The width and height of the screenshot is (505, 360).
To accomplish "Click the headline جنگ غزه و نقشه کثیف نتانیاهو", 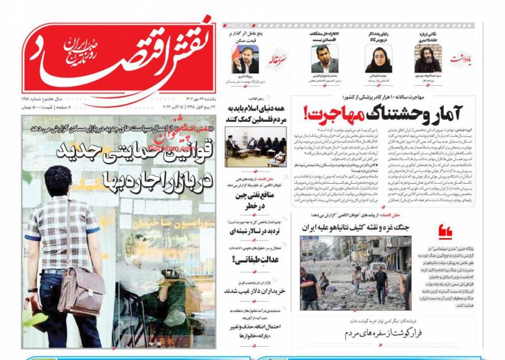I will pyautogui.click(x=357, y=227).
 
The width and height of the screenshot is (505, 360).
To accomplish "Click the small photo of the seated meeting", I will pyautogui.click(x=254, y=146).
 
